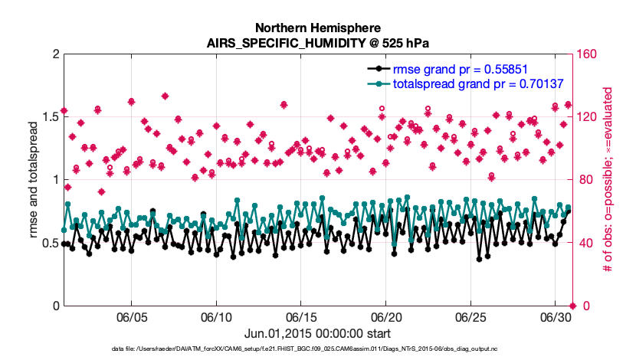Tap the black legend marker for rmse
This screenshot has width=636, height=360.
[376, 67]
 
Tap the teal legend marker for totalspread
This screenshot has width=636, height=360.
[376, 83]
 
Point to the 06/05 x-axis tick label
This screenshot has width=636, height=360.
[131, 317]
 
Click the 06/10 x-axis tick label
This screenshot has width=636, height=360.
[216, 317]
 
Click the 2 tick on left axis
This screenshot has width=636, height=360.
[55, 54]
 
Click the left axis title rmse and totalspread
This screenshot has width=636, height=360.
[34, 180]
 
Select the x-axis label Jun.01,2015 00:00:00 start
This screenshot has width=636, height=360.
[318, 333]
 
